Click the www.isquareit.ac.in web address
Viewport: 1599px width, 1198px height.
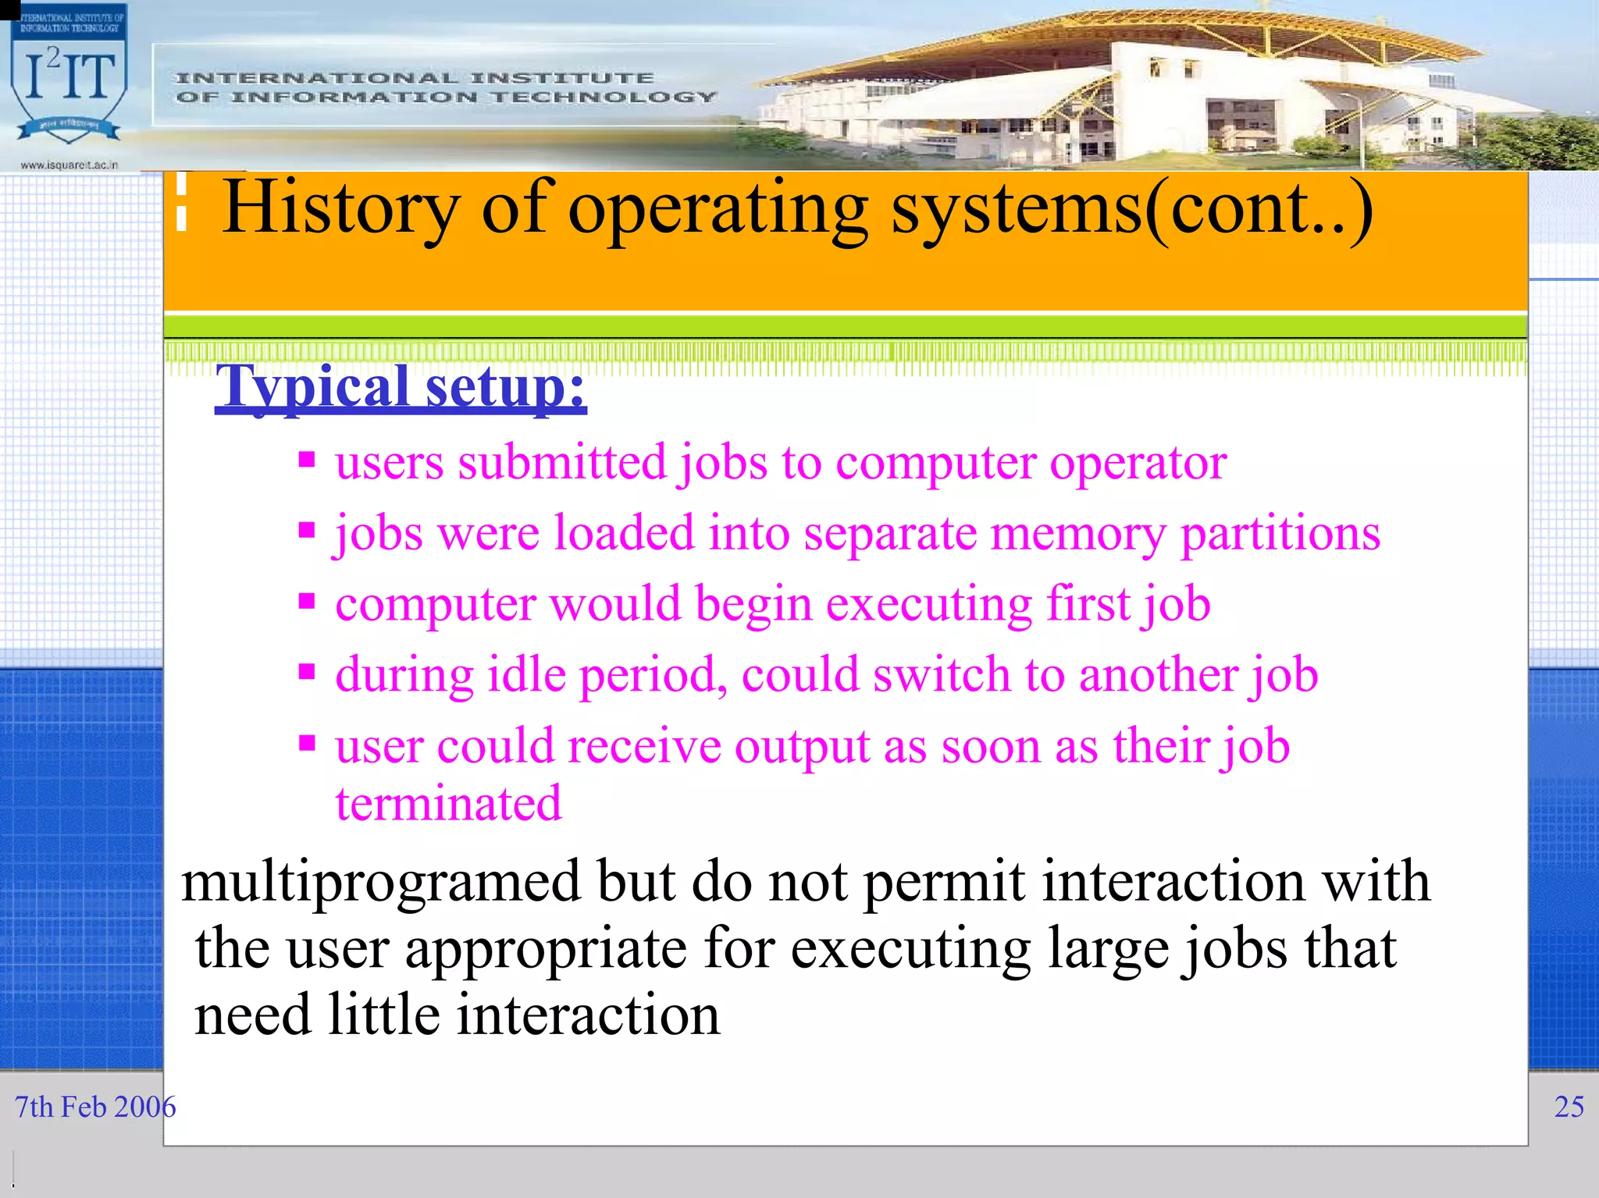coord(69,165)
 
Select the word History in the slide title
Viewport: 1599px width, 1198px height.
coord(341,208)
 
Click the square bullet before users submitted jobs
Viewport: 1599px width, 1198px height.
coord(307,459)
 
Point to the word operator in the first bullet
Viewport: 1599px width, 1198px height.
coord(1138,463)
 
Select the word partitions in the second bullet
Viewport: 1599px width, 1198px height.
coord(1280,534)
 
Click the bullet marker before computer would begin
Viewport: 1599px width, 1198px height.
coord(307,601)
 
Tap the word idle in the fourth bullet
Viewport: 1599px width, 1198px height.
coord(526,675)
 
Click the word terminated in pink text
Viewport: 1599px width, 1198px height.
coord(448,803)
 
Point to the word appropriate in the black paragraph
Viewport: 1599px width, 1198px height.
coord(545,950)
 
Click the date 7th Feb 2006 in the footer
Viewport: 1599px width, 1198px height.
coord(95,1107)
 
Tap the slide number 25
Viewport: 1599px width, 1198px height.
coord(1569,1107)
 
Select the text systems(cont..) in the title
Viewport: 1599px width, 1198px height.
coord(1131,208)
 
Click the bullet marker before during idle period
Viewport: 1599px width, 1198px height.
coord(307,671)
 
